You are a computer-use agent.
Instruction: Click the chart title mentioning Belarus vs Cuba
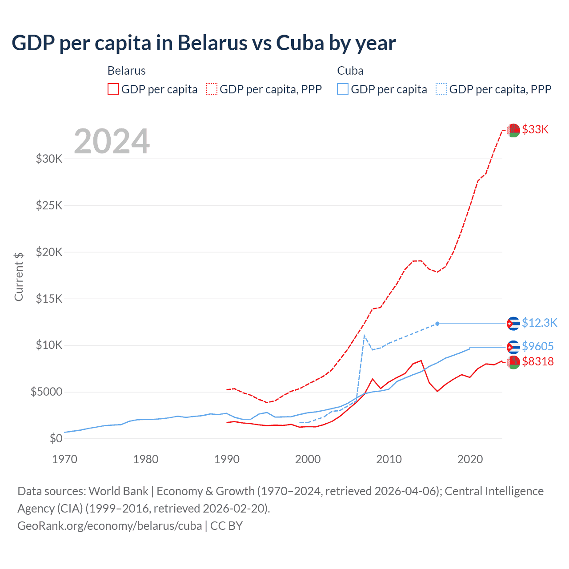point(204,43)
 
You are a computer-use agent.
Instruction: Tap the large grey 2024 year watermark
point(112,142)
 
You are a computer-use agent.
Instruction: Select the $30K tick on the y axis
point(49,159)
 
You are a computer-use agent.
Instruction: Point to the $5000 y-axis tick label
point(47,392)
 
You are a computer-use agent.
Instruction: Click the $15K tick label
point(49,298)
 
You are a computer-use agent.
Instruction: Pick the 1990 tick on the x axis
point(227,459)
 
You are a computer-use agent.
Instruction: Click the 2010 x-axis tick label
point(389,459)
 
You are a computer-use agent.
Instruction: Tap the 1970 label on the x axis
point(65,459)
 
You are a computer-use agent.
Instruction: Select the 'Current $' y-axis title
point(19,276)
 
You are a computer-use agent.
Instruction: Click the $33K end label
point(535,129)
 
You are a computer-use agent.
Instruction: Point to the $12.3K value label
point(539,323)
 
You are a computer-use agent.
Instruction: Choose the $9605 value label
point(538,346)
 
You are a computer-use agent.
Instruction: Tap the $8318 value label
point(538,361)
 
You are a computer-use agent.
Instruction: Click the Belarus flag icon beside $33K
point(513,130)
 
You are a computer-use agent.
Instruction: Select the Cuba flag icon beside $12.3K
point(513,324)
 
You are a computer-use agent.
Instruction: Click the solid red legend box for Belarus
point(113,89)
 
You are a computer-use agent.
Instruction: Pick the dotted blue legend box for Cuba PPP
point(441,89)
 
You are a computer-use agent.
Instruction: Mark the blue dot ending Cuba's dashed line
point(437,324)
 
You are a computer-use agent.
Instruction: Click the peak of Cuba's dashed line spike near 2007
point(365,336)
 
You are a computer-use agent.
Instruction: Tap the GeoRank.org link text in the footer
point(109,526)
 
